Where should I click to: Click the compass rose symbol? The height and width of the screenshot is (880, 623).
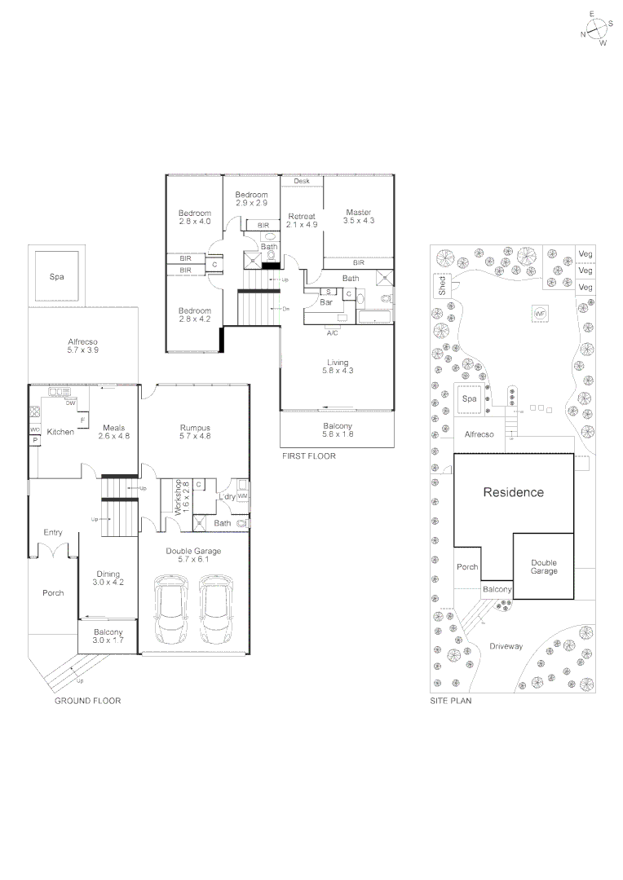(x=597, y=29)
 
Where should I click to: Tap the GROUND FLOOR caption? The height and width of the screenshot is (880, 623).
(x=87, y=701)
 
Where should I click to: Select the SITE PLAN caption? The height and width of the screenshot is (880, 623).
(x=450, y=701)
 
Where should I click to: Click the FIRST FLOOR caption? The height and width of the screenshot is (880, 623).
(x=308, y=456)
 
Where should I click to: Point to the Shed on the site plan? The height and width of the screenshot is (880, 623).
(x=441, y=285)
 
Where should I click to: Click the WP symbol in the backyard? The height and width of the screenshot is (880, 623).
(x=539, y=313)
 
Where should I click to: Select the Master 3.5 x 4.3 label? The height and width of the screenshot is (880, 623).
(x=358, y=217)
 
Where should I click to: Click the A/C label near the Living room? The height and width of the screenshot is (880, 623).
(x=333, y=333)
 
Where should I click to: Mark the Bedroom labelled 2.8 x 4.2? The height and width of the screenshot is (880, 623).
(x=194, y=315)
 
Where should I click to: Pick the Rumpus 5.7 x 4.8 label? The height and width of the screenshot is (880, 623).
(x=195, y=432)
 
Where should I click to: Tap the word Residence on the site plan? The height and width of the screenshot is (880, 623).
(x=513, y=492)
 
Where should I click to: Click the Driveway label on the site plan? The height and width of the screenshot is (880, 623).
(x=506, y=646)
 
